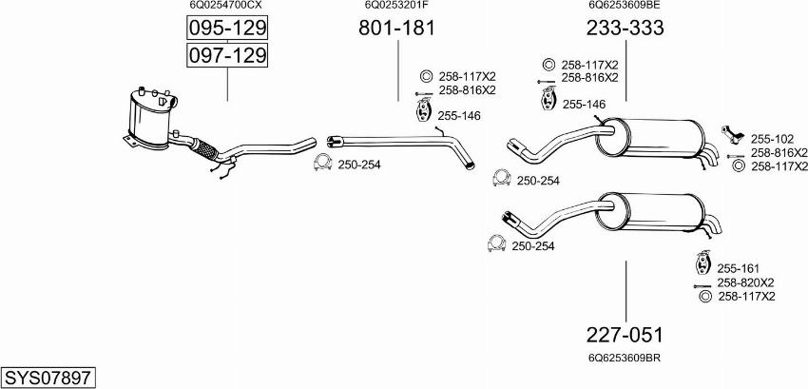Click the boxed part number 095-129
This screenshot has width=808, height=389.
pyautogui.click(x=227, y=29)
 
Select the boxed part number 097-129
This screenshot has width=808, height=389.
pyautogui.click(x=227, y=55)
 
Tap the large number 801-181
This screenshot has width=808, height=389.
pyautogui.click(x=396, y=29)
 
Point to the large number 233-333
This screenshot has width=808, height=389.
pyautogui.click(x=625, y=29)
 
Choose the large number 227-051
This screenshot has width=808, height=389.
pyautogui.click(x=625, y=336)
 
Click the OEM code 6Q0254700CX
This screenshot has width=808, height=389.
pyautogui.click(x=227, y=5)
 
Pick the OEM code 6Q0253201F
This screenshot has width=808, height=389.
pyautogui.click(x=396, y=5)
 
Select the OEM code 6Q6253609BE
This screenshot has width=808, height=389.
pyautogui.click(x=625, y=5)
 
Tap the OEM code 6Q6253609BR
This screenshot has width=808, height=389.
pyautogui.click(x=625, y=358)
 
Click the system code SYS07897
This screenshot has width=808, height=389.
pyautogui.click(x=48, y=378)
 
